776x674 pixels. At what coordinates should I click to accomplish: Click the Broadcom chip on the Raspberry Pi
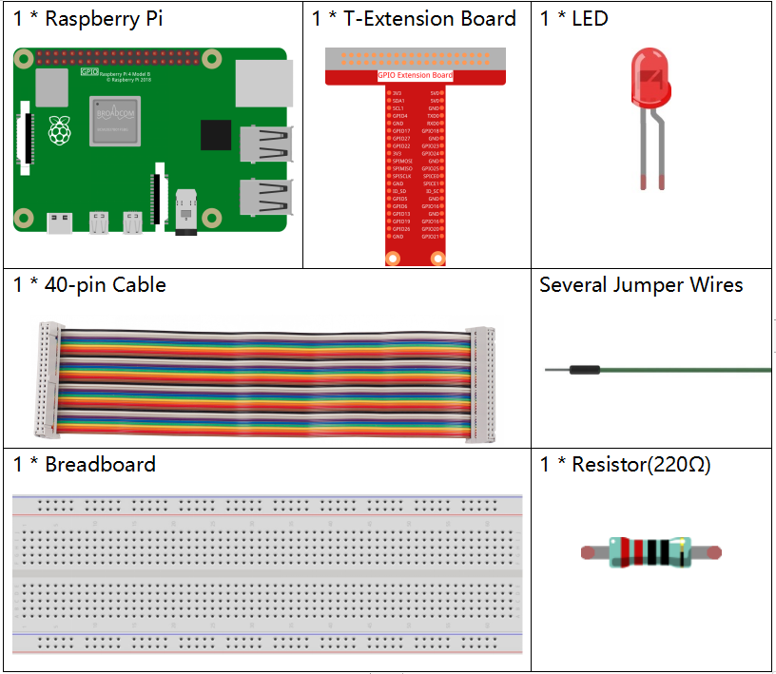coord(115,121)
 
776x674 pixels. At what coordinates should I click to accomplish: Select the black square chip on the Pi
coord(216,134)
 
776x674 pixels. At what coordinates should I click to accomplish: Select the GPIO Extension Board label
coord(415,75)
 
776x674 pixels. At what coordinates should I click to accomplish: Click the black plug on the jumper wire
coord(585,369)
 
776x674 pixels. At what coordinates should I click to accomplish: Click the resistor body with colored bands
coord(650,552)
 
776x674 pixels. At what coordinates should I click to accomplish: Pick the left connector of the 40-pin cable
coord(50,378)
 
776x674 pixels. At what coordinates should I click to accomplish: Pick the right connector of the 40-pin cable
coord(480,384)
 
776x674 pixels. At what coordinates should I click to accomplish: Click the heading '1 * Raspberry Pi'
coord(87,19)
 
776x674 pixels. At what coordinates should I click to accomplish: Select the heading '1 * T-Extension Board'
coord(414,19)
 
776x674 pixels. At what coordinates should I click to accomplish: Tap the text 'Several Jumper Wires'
coord(641,285)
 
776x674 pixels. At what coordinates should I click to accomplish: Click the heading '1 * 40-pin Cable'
coord(89,285)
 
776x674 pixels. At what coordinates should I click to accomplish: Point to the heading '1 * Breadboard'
coord(85,464)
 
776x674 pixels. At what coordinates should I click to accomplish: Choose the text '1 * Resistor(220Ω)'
coord(625,464)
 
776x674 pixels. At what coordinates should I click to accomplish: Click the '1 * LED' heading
coord(573,19)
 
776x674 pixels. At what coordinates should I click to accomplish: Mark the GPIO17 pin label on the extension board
coord(401,131)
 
